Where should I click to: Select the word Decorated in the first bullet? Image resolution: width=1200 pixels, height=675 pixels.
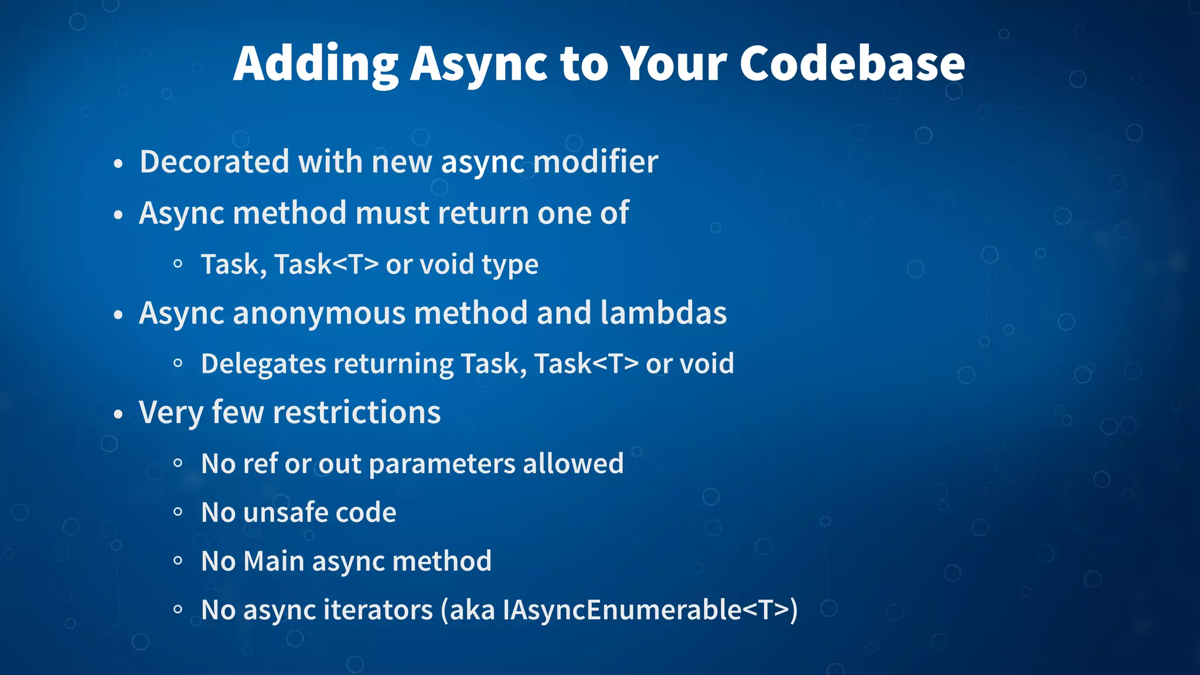pos(214,162)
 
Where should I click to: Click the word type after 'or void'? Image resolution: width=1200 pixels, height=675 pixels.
pos(510,265)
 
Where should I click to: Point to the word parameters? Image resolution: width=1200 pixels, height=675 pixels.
pos(442,463)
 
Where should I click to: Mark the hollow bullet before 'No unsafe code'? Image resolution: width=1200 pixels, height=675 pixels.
pos(178,512)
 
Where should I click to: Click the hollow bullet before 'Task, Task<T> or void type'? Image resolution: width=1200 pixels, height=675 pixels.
pos(178,264)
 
